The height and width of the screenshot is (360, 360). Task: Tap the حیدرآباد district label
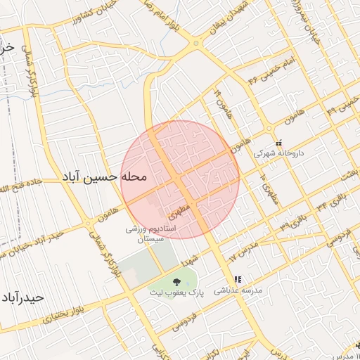coord(22,297)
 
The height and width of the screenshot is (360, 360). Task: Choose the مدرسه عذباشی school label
coord(238,289)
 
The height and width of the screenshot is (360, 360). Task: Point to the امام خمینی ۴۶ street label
coord(268,74)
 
